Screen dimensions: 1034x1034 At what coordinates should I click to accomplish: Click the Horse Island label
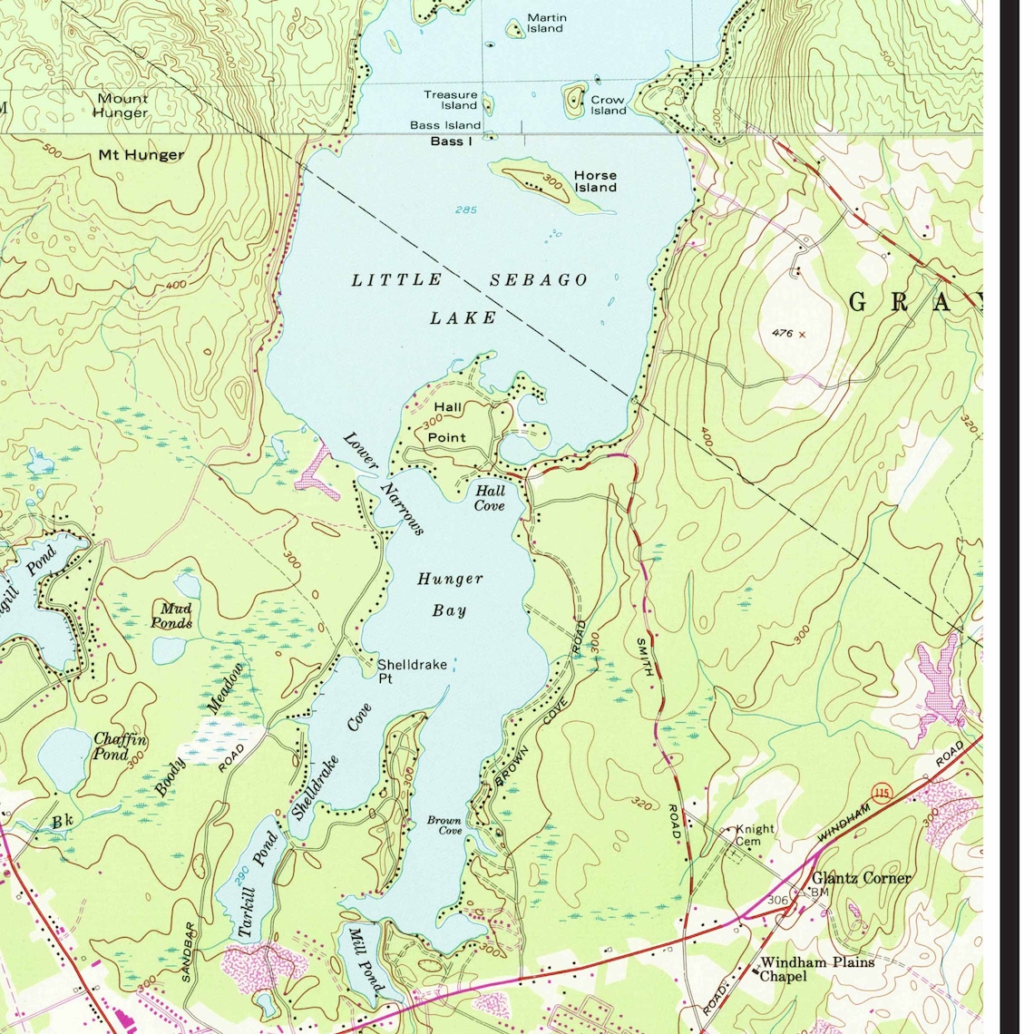click(x=595, y=181)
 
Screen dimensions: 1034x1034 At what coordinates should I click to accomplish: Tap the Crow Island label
click(x=608, y=105)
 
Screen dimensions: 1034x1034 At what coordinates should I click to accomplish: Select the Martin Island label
click(x=546, y=23)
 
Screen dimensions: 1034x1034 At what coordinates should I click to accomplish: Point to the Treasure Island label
click(x=451, y=100)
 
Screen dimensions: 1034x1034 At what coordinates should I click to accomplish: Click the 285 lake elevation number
click(x=466, y=210)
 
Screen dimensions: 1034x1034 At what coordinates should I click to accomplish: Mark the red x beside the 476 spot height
click(x=802, y=335)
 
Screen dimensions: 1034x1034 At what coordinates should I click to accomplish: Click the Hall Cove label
click(x=490, y=498)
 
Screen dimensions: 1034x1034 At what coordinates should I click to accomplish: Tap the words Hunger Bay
click(x=450, y=594)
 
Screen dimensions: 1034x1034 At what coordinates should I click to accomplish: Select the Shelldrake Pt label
click(x=413, y=671)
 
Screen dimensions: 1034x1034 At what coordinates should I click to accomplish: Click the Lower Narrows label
click(x=384, y=483)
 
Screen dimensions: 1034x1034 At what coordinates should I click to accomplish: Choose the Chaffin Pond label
click(x=119, y=746)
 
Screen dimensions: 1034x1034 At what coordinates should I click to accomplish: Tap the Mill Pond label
click(x=366, y=961)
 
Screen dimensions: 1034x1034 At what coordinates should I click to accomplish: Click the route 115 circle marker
click(x=878, y=795)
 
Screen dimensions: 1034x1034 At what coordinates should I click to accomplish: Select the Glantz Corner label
click(x=861, y=878)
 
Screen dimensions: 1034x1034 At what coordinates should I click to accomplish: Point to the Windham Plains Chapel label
click(x=816, y=969)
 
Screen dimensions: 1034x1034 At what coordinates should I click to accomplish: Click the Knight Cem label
click(x=754, y=834)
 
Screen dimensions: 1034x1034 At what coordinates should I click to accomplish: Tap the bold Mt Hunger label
click(x=141, y=155)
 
